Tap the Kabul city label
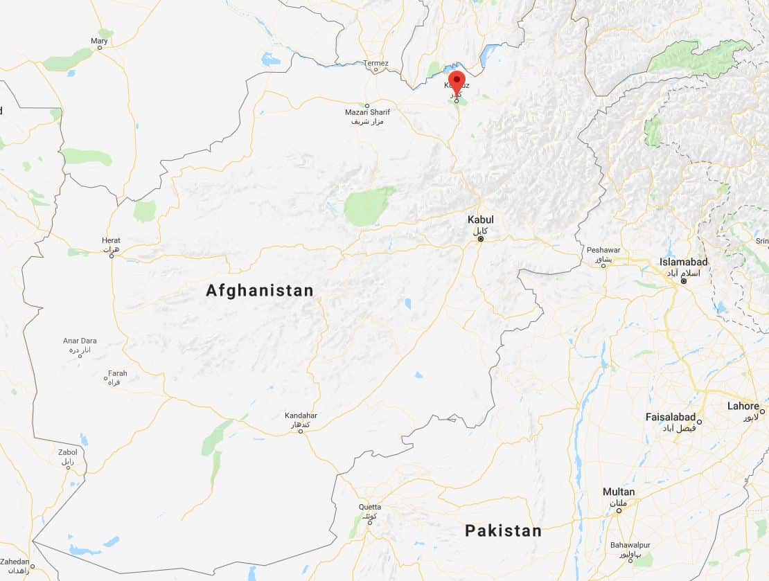(x=480, y=220)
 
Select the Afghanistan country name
(x=260, y=291)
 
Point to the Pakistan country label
(x=503, y=531)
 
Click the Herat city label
(x=111, y=240)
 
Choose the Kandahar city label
(x=301, y=415)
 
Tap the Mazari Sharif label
(x=367, y=112)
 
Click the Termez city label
(x=376, y=64)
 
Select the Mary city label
(x=99, y=42)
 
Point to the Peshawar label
(x=603, y=250)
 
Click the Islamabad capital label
(x=684, y=262)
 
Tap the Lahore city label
(x=743, y=406)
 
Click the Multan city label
(x=619, y=492)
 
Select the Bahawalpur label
(x=631, y=545)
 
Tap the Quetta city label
(x=370, y=507)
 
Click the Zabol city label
(x=68, y=452)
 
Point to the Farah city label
(x=117, y=374)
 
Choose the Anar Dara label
(x=80, y=341)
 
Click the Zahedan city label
(x=15, y=562)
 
